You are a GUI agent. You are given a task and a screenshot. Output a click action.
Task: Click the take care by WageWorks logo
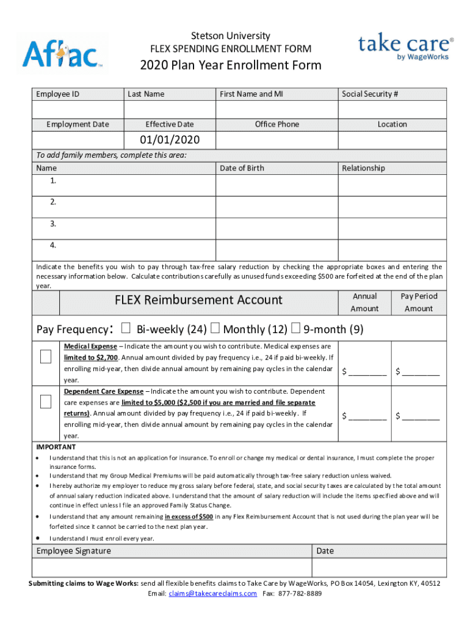[405, 47]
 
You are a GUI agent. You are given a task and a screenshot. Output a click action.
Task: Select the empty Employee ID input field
[78, 109]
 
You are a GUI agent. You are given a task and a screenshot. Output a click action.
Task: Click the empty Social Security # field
[392, 109]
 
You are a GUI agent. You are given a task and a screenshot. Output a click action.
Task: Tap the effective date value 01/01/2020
[170, 141]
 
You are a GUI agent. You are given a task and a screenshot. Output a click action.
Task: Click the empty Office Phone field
[277, 141]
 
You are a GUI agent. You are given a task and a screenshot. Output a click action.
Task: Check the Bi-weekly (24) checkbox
[126, 329]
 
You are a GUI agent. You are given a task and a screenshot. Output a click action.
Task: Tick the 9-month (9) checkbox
[296, 329]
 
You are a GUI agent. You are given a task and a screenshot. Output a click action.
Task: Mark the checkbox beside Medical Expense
[46, 357]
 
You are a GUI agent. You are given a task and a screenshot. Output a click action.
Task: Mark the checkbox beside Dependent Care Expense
[46, 402]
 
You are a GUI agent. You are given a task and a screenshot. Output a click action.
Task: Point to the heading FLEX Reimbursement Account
[198, 300]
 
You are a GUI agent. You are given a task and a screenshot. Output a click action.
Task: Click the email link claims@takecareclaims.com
[212, 594]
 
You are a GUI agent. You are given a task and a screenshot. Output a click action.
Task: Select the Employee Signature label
[74, 551]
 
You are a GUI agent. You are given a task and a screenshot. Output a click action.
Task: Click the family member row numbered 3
[125, 224]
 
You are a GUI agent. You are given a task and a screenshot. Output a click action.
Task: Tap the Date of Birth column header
[242, 168]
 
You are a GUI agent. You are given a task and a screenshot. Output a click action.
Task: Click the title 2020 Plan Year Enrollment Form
[231, 65]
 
